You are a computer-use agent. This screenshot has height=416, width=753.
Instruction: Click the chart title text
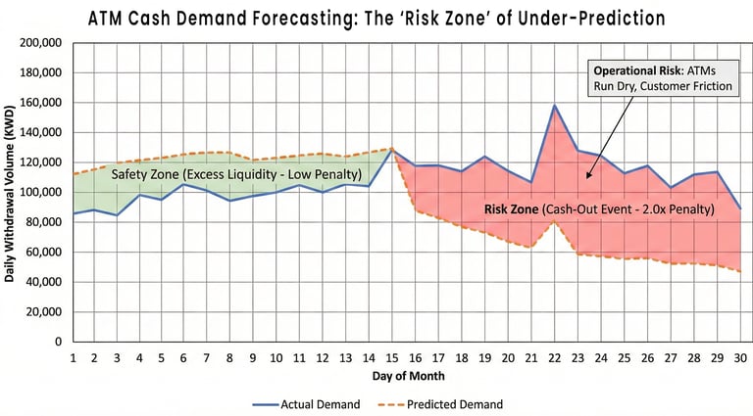[376, 19]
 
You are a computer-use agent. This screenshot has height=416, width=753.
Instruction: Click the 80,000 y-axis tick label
[43, 222]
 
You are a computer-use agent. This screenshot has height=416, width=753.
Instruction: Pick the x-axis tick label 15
[392, 357]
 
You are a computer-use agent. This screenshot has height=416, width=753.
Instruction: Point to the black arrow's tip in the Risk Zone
[587, 177]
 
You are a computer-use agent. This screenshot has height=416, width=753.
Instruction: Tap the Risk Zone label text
[599, 208]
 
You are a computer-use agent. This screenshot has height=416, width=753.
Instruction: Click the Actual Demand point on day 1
[73, 213]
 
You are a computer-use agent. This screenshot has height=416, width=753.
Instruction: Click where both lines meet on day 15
[393, 149]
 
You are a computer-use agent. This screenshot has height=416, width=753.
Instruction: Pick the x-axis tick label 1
[73, 357]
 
